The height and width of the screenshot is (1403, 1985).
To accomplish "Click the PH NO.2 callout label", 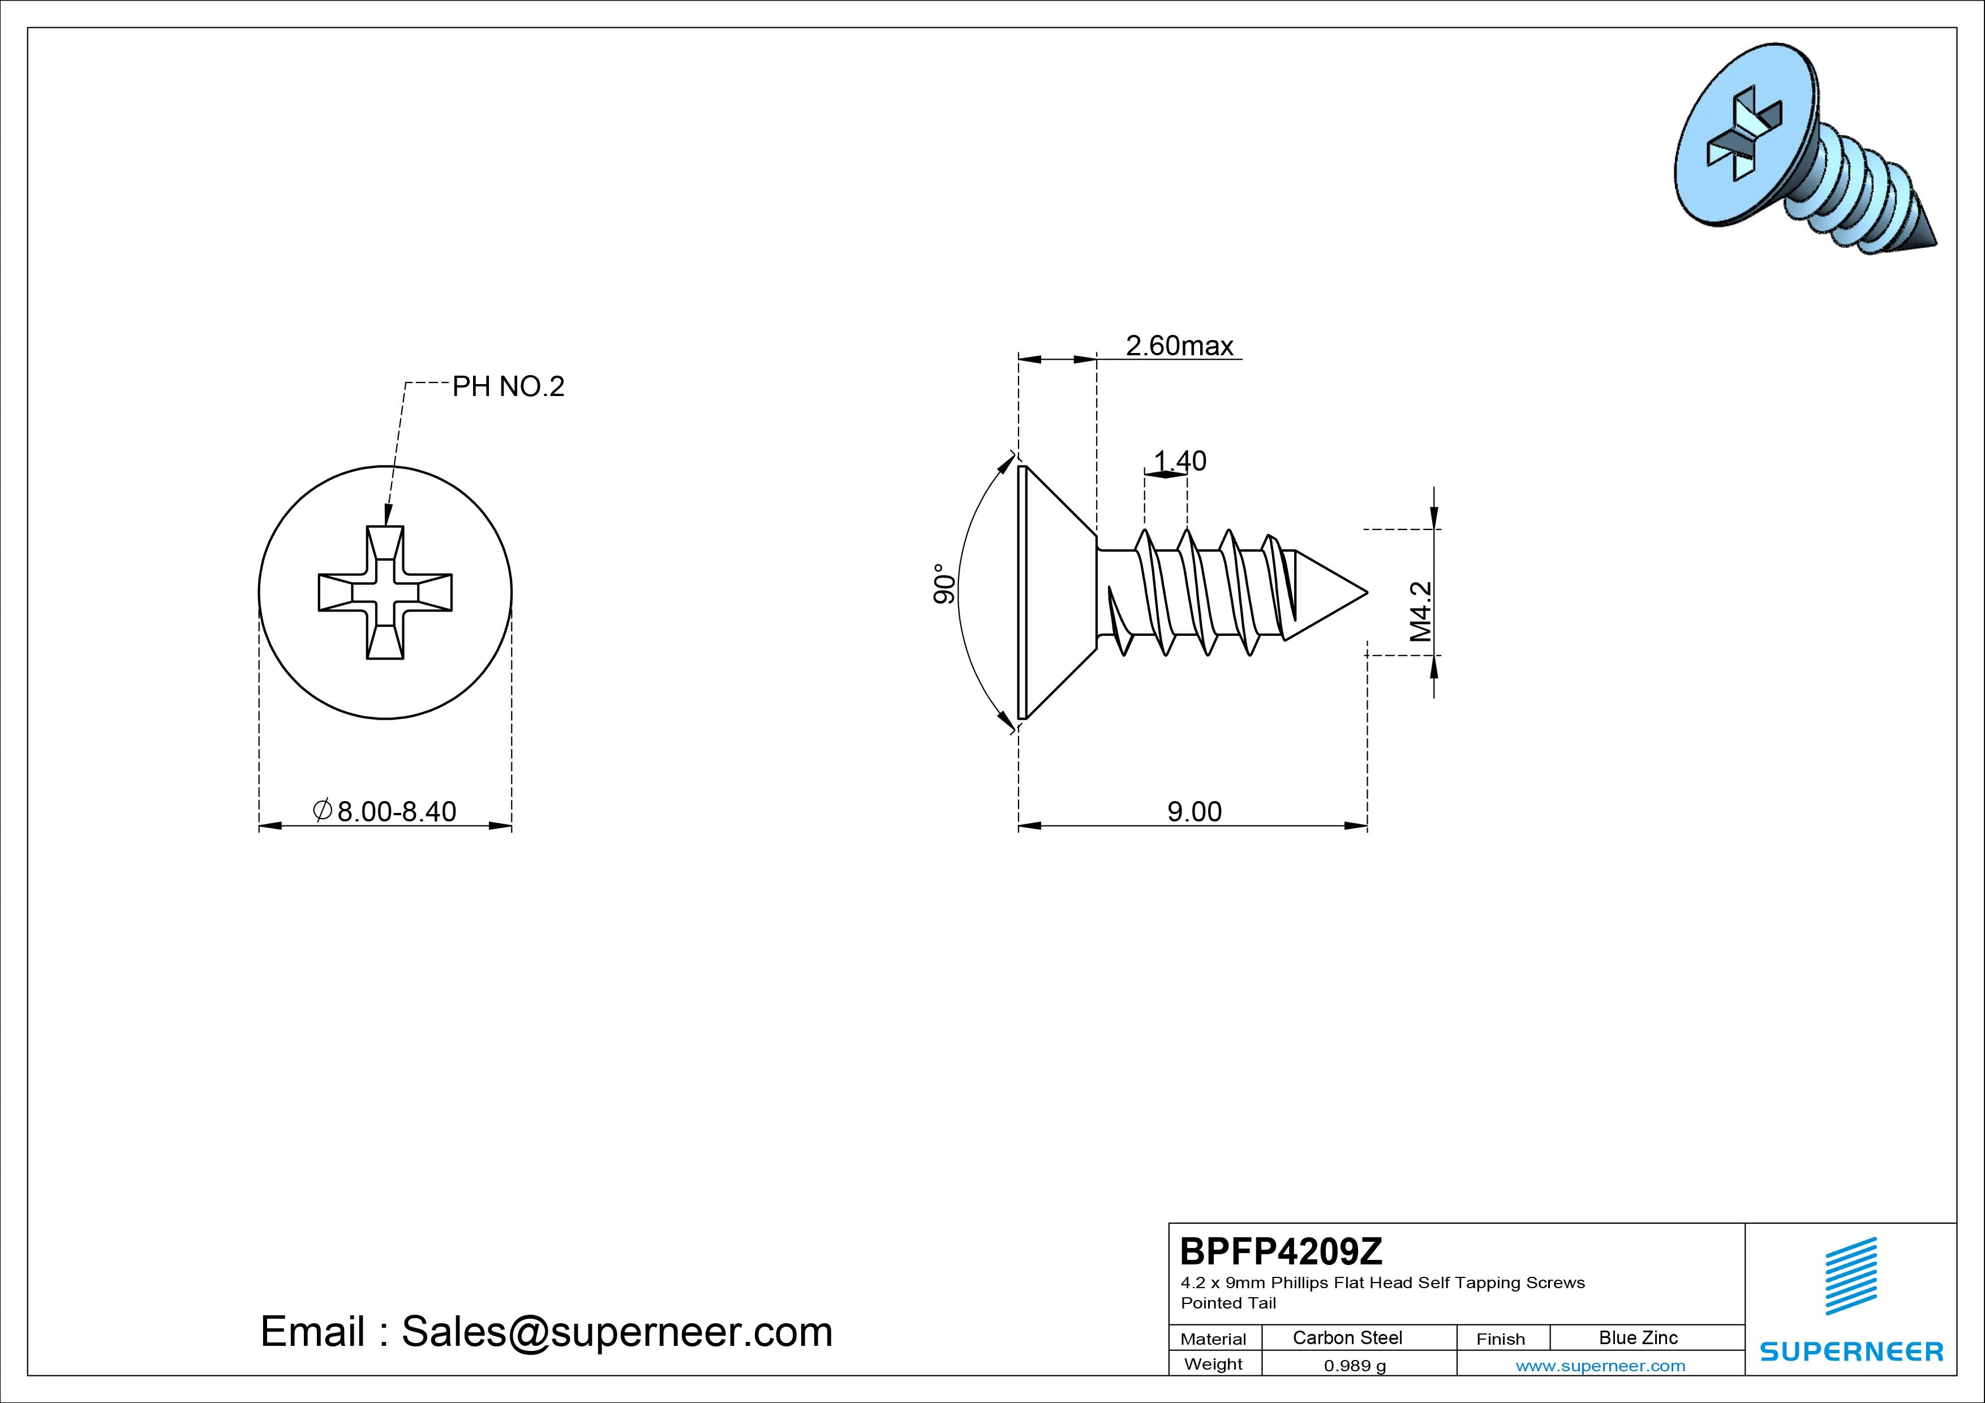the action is (508, 386).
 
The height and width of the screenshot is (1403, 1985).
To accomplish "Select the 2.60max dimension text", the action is (1179, 346).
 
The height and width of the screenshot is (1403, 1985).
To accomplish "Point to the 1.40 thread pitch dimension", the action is (1180, 461).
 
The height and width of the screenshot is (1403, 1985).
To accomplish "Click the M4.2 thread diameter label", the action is (1420, 611).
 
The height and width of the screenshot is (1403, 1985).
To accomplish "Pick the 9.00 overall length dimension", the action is (1195, 812).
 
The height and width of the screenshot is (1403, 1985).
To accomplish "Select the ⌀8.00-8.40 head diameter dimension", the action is (385, 812).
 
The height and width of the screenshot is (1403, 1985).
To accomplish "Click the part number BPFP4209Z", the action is (1281, 1251).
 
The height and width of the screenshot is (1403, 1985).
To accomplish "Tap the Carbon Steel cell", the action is (1347, 1337).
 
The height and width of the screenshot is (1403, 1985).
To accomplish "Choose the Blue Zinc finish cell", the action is (1638, 1337).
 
